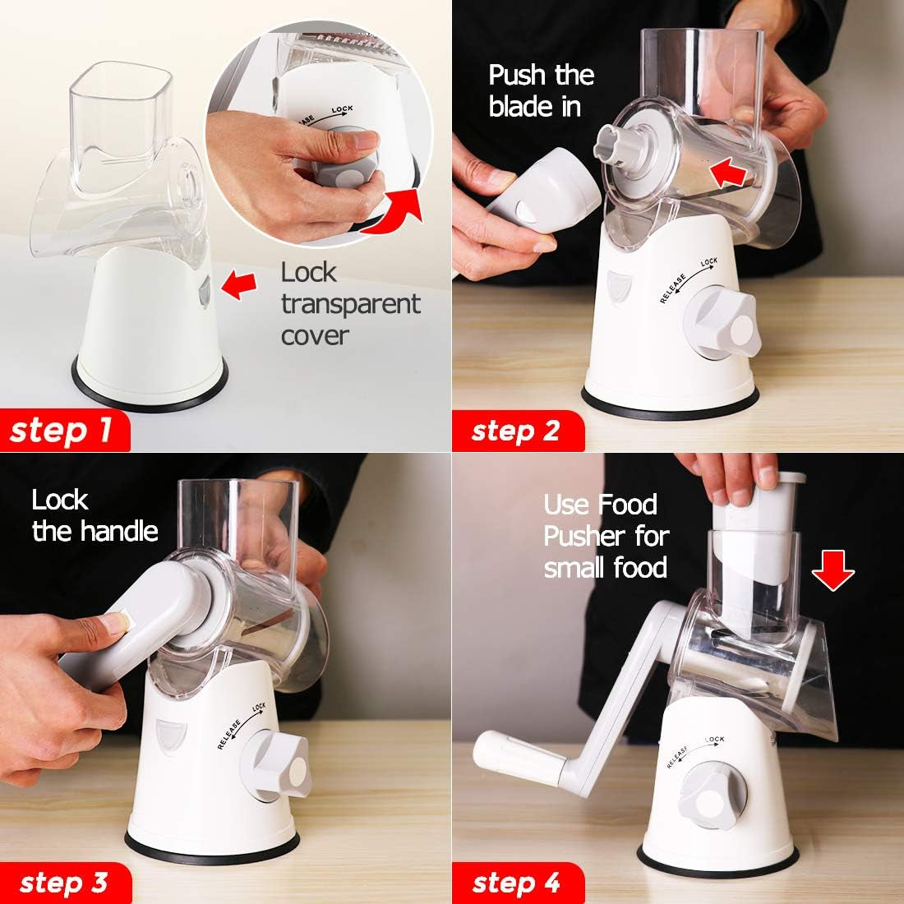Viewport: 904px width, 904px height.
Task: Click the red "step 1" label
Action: pos(62,431)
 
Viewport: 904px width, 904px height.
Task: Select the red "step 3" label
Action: pos(62,883)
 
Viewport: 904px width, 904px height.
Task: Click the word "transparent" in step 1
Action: pos(350,304)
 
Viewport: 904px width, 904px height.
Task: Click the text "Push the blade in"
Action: pos(541,90)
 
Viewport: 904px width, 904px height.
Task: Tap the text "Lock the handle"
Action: pos(95,516)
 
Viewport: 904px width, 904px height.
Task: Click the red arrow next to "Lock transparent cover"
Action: pos(246,284)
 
